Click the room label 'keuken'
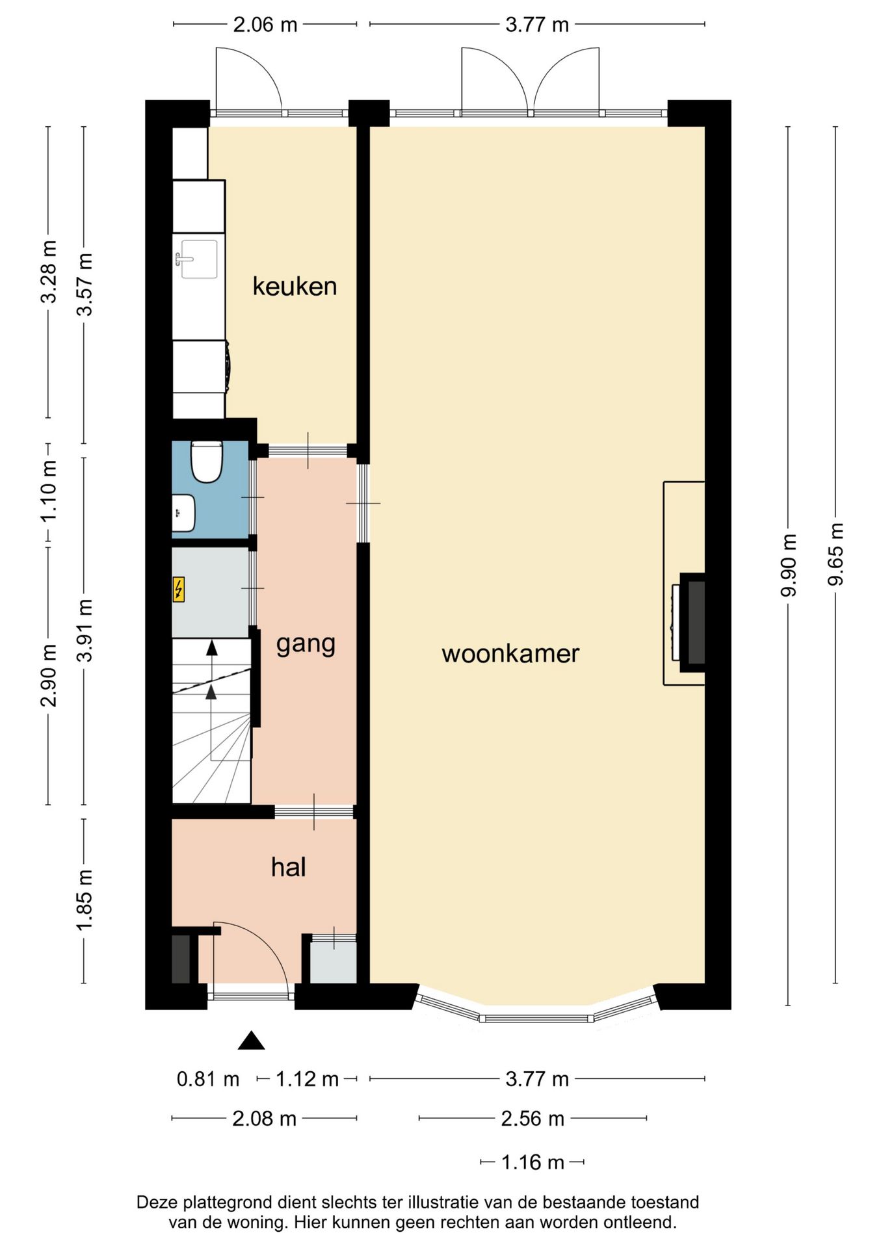click(x=295, y=286)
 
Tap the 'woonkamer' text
click(x=510, y=653)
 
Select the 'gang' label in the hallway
click(x=306, y=645)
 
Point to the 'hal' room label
click(x=288, y=867)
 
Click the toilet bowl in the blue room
click(x=207, y=461)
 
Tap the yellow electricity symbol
click(x=178, y=590)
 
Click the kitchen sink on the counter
click(x=198, y=259)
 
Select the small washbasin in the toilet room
click(x=183, y=513)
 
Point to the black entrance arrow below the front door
click(x=251, y=1041)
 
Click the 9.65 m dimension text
click(x=836, y=554)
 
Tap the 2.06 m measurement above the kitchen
click(x=265, y=25)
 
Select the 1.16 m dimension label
click(x=533, y=1162)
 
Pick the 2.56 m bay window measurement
click(x=533, y=1118)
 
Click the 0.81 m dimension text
click(x=208, y=1079)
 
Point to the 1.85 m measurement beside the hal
click(x=85, y=900)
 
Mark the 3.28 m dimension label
click(x=49, y=272)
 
